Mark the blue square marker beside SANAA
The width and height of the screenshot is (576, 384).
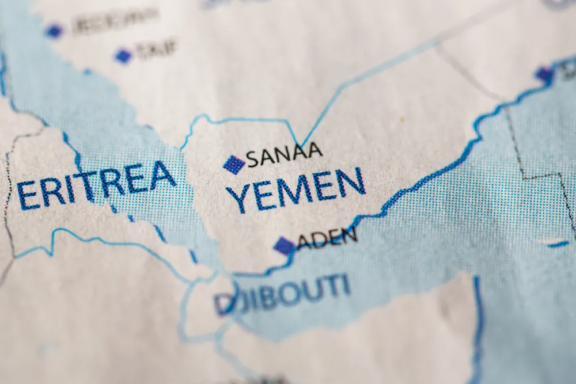point(234,165)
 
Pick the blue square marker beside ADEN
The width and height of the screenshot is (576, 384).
point(285,246)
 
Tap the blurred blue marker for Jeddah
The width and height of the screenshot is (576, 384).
point(54,31)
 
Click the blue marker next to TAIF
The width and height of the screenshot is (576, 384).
point(123,56)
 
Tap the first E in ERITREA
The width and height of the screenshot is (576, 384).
point(26,195)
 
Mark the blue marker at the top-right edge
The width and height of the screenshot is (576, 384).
point(544,74)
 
